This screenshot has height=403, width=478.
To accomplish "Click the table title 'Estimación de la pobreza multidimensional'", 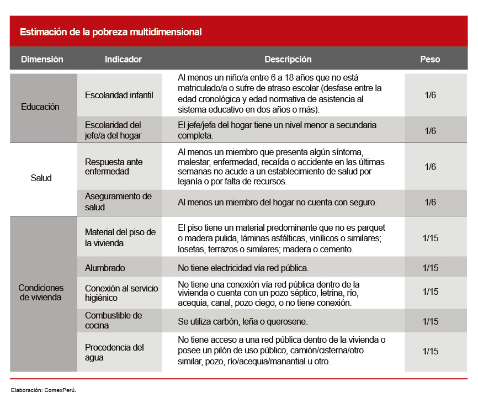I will (x=110, y=32).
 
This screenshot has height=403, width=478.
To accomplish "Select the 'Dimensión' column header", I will (x=42, y=59).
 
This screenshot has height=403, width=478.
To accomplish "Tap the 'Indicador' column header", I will (x=123, y=59).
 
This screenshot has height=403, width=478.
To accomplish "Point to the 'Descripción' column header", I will (x=288, y=59).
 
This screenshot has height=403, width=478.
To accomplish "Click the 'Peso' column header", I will (x=430, y=59).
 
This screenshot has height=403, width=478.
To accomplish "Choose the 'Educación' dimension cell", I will (x=40, y=107).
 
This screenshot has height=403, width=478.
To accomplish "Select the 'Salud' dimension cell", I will (x=41, y=178).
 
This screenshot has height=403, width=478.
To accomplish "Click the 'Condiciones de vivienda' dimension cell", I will (x=41, y=293).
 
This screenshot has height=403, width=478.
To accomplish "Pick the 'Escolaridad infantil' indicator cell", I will (x=119, y=95).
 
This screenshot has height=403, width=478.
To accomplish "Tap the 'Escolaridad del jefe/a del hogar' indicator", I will (x=113, y=130).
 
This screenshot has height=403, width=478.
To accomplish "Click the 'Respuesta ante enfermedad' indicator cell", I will (x=114, y=167).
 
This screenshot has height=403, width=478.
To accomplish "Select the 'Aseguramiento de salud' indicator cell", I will (x=118, y=201).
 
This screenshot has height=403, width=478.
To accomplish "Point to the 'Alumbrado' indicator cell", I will (x=105, y=268).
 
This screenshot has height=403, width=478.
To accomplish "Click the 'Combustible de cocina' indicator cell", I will (x=113, y=320).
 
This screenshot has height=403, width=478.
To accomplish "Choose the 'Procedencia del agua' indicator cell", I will (x=114, y=352).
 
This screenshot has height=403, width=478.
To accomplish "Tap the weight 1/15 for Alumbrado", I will (x=431, y=268).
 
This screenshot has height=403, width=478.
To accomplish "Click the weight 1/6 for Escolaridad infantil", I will (x=431, y=95).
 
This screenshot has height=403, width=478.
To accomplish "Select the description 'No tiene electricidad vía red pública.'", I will (x=243, y=268).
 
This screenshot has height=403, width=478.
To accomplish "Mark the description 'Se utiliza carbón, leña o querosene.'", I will (x=242, y=321).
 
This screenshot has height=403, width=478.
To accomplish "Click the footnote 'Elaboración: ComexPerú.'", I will (x=44, y=390).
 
